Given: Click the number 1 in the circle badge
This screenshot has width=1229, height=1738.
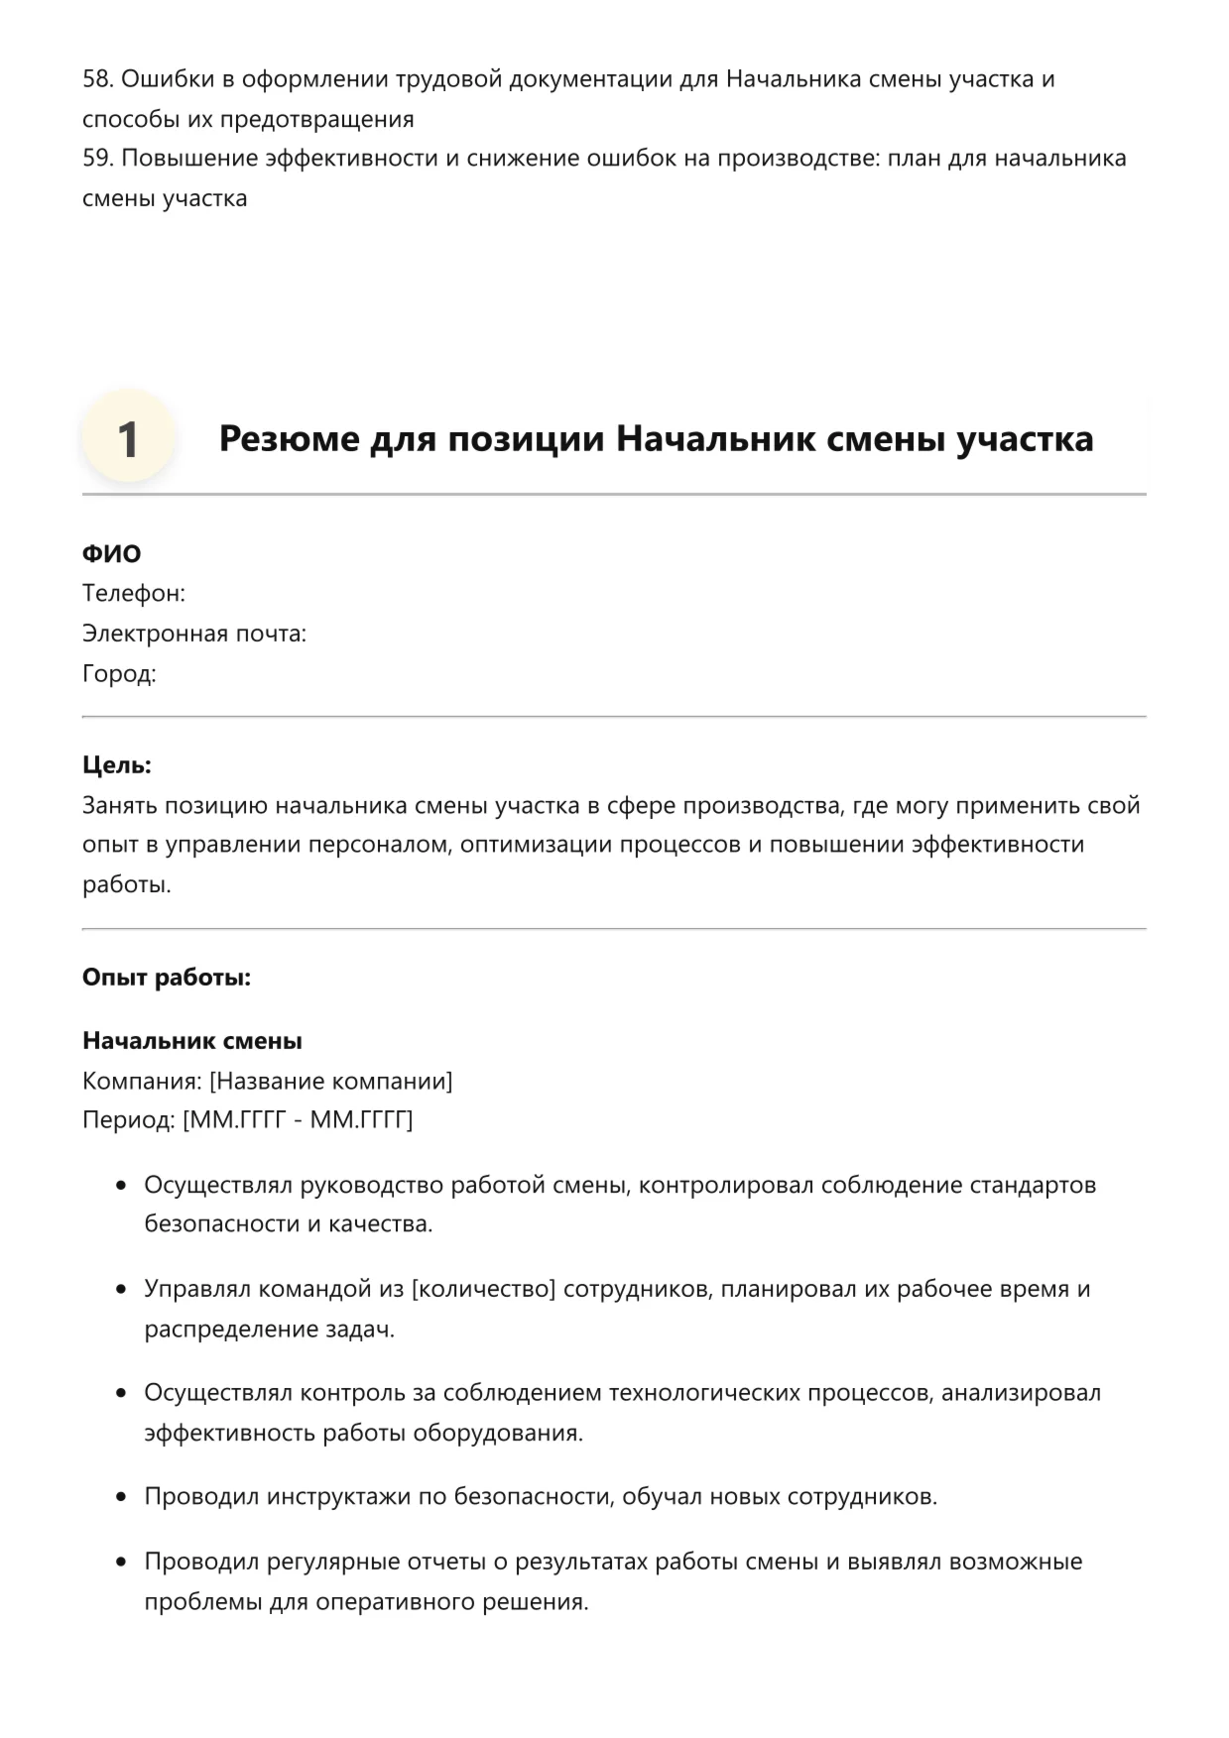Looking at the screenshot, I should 128,439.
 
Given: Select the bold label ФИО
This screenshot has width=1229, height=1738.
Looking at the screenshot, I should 111,553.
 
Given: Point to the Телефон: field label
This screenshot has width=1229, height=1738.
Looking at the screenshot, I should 134,593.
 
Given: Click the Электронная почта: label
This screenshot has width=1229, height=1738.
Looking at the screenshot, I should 194,634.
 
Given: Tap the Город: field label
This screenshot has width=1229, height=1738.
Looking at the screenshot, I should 119,674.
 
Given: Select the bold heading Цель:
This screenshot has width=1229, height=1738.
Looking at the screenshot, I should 117,765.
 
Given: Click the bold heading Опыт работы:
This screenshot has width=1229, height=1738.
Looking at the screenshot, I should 167,978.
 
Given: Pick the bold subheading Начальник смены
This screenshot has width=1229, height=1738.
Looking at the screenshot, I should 192,1041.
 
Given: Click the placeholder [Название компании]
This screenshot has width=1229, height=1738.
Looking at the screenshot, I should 330,1081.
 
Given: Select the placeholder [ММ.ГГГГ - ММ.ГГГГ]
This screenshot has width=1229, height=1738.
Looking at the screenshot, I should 298,1120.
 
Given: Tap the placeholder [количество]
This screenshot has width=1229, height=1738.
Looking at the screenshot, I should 483,1289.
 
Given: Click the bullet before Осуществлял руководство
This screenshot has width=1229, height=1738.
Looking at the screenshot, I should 121,1186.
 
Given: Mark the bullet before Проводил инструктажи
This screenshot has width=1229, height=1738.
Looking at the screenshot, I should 121,1497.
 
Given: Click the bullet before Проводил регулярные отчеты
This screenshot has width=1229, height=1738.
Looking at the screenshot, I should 121,1563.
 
